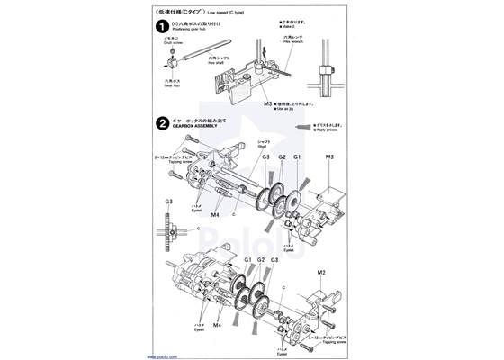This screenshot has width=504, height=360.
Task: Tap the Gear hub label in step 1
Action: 170,86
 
